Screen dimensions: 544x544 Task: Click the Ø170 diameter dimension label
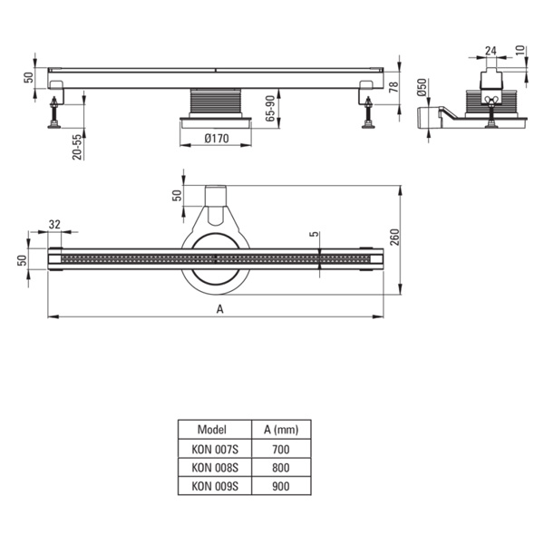(217, 139)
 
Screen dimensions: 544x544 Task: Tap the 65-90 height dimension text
(270, 108)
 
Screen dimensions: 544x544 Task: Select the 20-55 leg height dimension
(77, 147)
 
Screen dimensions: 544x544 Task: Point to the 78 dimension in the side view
(393, 87)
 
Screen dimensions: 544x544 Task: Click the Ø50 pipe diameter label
(422, 87)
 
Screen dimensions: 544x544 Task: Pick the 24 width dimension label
(491, 51)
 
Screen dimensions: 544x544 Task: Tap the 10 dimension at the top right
(520, 51)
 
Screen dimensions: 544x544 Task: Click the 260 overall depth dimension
(394, 237)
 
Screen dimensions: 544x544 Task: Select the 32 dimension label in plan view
(54, 225)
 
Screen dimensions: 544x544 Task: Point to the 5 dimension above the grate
(314, 234)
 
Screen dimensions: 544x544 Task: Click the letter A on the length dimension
(219, 309)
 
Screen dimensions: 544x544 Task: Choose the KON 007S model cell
(215, 450)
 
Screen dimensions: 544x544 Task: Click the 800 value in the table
(281, 468)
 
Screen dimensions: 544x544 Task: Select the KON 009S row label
(215, 486)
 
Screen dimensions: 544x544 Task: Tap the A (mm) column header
(281, 430)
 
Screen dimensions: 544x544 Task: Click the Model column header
(212, 430)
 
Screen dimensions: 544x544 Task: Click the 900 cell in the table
(281, 486)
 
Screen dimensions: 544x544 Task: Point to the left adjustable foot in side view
(54, 112)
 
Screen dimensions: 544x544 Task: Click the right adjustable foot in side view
(368, 112)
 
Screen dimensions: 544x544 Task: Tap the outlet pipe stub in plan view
(216, 196)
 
